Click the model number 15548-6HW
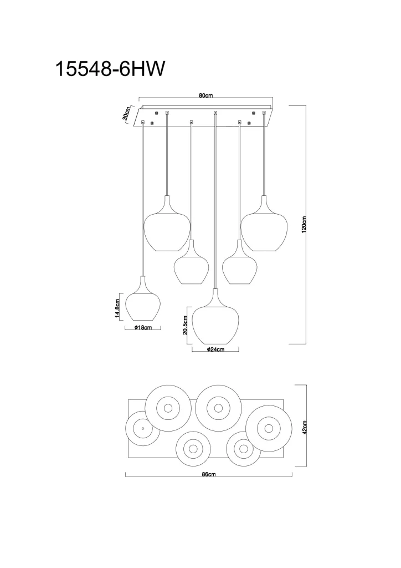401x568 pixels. coord(110,69)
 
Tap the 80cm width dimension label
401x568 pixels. coord(205,95)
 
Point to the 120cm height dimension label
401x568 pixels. coord(304,225)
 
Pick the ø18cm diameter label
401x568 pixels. coord(142,327)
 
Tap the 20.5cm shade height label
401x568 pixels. coord(185,325)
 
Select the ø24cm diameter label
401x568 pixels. coord(215,349)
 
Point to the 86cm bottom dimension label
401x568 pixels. coord(209,475)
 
